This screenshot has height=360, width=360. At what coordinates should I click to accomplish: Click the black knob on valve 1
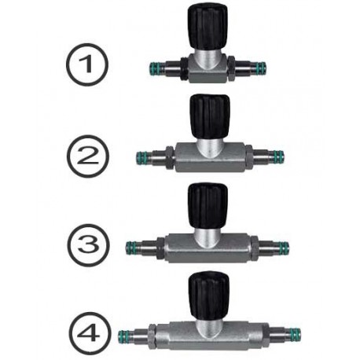[x=208, y=27]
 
